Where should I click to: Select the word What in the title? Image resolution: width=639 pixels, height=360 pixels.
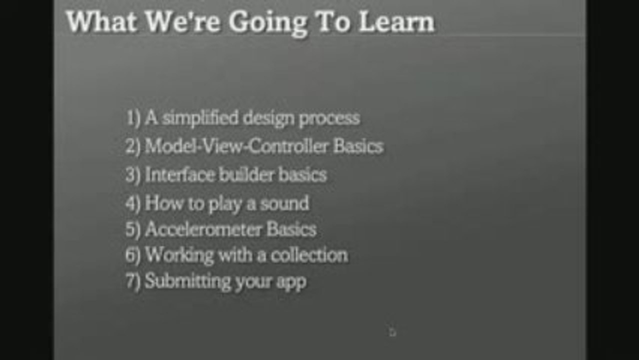click(x=101, y=23)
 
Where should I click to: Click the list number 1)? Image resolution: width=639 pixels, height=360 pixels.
click(x=133, y=118)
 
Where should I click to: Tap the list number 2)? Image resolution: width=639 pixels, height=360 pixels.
click(x=133, y=147)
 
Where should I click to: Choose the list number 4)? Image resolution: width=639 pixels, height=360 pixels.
click(x=133, y=203)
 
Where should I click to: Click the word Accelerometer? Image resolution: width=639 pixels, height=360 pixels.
click(x=202, y=229)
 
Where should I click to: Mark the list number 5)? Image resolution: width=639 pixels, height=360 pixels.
click(x=133, y=229)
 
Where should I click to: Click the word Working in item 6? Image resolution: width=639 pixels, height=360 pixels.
click(x=172, y=255)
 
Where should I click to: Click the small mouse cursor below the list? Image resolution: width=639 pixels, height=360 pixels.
click(x=392, y=331)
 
